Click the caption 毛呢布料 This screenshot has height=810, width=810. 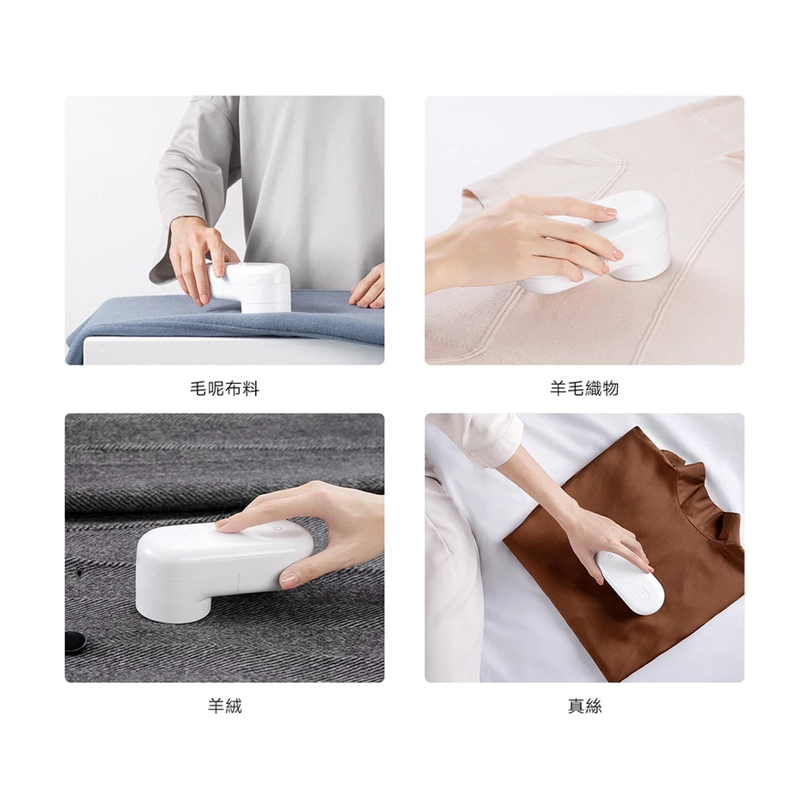(x=224, y=389)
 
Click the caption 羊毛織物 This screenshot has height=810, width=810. (x=584, y=389)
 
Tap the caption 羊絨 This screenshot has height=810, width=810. (x=224, y=706)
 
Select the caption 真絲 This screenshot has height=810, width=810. (x=584, y=706)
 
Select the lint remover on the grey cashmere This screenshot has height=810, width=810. (x=220, y=569)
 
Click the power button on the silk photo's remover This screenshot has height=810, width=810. (x=642, y=593)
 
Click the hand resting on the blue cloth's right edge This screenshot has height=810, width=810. (x=368, y=288)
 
